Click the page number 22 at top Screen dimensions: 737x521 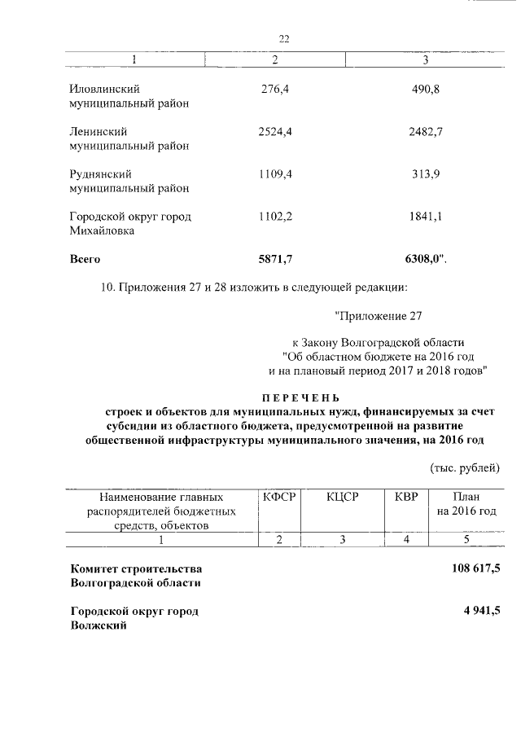[284, 39]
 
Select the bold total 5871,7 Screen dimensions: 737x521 [275, 259]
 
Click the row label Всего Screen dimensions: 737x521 [85, 259]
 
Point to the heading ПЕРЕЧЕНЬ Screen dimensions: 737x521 [298, 397]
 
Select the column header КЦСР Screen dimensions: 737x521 [343, 496]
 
